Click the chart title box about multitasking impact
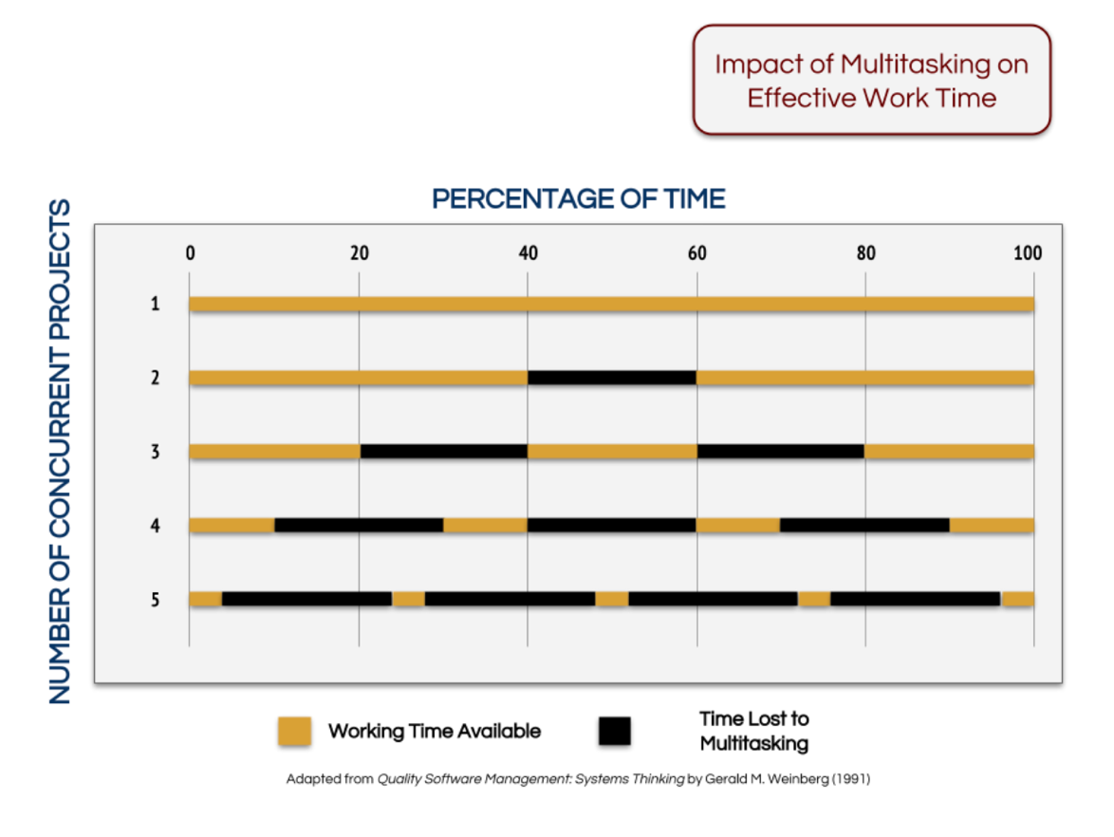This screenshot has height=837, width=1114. click(x=871, y=81)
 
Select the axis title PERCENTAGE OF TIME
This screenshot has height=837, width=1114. click(x=579, y=199)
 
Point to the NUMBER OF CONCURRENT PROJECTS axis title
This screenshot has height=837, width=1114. click(x=60, y=451)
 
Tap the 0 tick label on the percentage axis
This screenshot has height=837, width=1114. click(x=190, y=253)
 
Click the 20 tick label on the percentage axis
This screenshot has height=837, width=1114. click(x=359, y=253)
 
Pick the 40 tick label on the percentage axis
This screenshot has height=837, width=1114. click(x=528, y=253)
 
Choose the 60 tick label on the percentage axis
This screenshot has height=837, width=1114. click(x=696, y=253)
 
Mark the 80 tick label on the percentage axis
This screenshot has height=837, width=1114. click(x=865, y=253)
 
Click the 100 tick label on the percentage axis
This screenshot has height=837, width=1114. click(x=1028, y=253)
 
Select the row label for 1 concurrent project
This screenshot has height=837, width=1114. click(x=154, y=305)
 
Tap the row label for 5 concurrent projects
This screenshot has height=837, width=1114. click(x=154, y=600)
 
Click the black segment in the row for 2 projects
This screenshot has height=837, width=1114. click(x=612, y=378)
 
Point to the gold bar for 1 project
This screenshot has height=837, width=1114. click(x=612, y=305)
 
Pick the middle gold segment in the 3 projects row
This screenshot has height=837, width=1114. click(x=612, y=452)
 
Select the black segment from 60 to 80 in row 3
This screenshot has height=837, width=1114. click(x=781, y=452)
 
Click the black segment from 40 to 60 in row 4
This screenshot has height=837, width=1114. click(x=612, y=525)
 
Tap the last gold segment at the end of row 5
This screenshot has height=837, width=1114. click(x=1018, y=599)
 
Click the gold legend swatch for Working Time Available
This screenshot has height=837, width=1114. click(x=294, y=732)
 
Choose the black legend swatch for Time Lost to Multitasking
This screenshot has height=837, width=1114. click(x=614, y=732)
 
